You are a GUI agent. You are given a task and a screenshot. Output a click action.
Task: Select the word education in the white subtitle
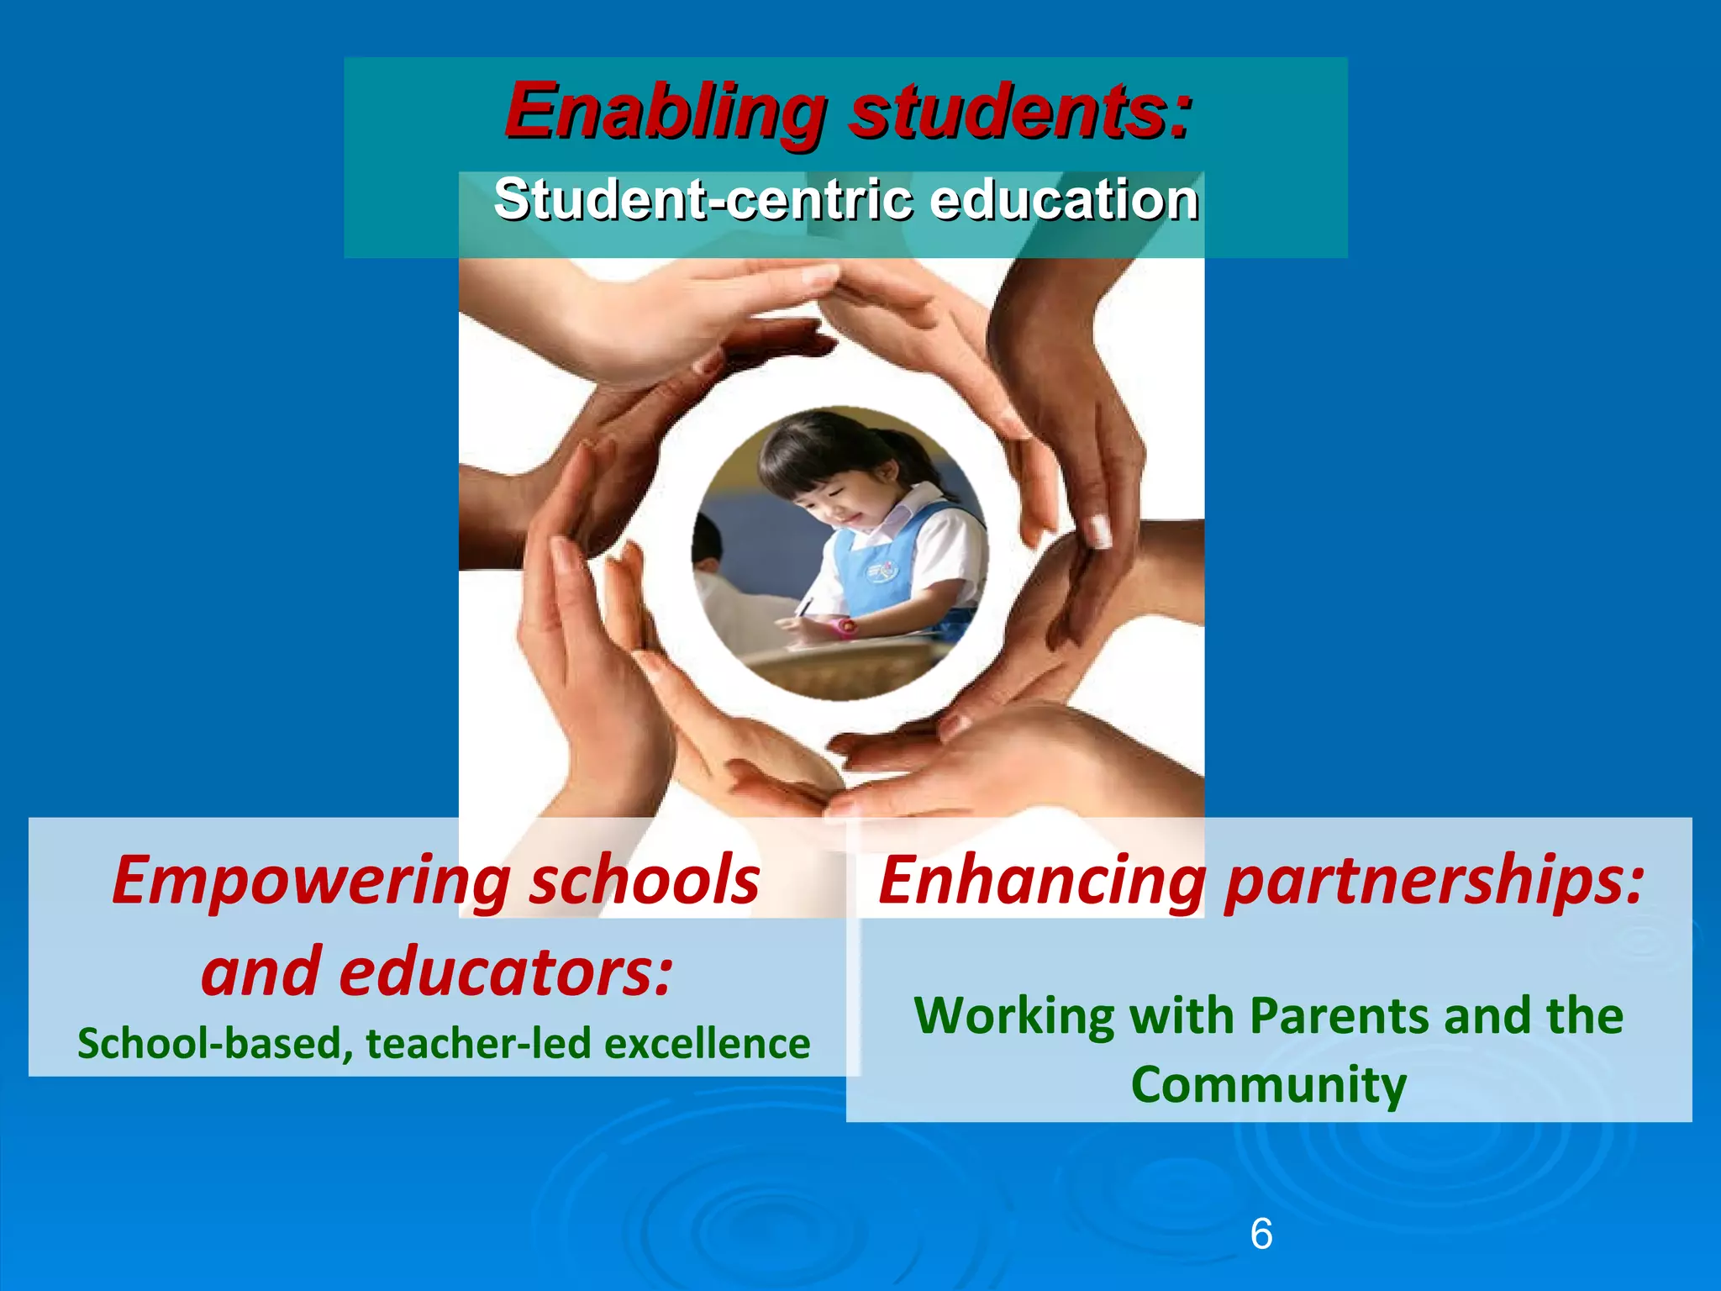(1064, 200)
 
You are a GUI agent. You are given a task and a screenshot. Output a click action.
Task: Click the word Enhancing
(1042, 881)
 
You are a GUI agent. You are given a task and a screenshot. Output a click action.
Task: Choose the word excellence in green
(708, 1044)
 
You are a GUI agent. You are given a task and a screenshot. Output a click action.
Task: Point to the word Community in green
(1268, 1085)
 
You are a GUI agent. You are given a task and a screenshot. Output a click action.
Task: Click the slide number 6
(1261, 1234)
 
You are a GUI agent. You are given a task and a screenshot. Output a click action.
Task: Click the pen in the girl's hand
(804, 607)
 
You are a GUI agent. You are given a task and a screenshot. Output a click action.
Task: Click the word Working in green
(1013, 1016)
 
